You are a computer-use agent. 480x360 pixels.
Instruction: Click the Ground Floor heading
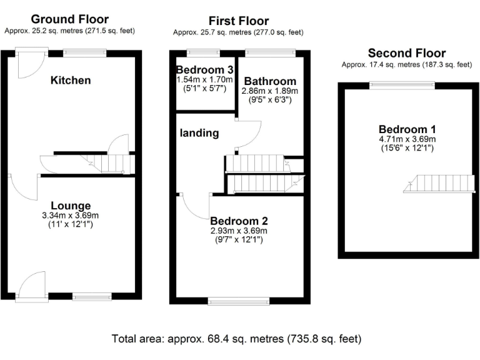(69, 19)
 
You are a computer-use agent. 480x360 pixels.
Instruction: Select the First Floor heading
(238, 21)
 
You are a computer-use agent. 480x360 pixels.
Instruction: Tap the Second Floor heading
(406, 53)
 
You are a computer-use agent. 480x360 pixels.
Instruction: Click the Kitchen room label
(71, 80)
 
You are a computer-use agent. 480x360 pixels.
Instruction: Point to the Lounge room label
(71, 206)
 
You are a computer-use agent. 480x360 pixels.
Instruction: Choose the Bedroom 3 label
(204, 69)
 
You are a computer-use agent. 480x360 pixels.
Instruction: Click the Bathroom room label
(270, 81)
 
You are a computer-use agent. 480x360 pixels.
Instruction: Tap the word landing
(199, 132)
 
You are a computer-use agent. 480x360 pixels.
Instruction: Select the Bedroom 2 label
(239, 221)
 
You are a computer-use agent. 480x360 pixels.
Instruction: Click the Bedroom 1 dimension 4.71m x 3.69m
(406, 139)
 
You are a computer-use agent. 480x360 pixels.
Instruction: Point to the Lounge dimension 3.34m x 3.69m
(71, 216)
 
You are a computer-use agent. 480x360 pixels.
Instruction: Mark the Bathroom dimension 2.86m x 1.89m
(270, 91)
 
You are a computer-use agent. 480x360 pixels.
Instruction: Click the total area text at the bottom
(236, 339)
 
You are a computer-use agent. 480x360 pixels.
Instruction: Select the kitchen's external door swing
(29, 66)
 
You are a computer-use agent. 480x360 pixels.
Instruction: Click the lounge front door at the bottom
(32, 286)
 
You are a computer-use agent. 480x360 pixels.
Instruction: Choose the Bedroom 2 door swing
(196, 206)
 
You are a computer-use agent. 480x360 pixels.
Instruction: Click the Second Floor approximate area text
(406, 64)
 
